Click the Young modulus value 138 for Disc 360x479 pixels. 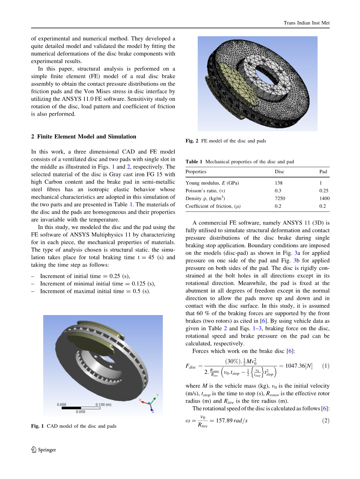pyautogui.click(x=278, y=183)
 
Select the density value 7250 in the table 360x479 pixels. pyautogui.click(x=280, y=199)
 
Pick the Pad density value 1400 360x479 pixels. pyautogui.click(x=324, y=199)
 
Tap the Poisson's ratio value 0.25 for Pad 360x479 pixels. pyautogui.click(x=324, y=191)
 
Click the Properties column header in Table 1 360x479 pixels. pyautogui.click(x=196, y=172)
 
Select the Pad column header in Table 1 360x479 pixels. pyautogui.click(x=323, y=172)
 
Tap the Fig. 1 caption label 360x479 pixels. pyautogui.click(x=38, y=426)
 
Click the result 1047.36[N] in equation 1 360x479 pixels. pyautogui.click(x=299, y=366)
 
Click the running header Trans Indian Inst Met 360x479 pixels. pyautogui.click(x=306, y=23)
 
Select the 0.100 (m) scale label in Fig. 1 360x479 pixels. pyautogui.click(x=103, y=405)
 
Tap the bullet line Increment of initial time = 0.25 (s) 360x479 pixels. pyautogui.click(x=85, y=276)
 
